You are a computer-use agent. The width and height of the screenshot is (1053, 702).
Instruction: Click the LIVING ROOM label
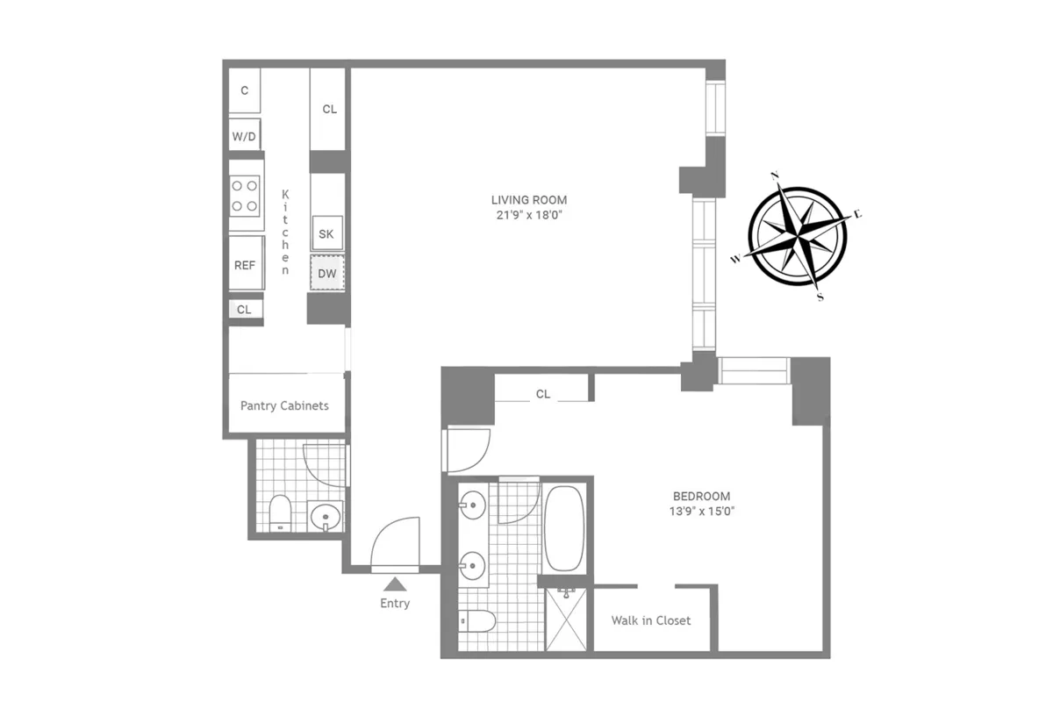click(x=529, y=200)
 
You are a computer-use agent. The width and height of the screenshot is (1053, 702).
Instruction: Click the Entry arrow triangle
click(x=395, y=583)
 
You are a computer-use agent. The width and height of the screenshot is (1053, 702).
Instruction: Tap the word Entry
click(x=395, y=604)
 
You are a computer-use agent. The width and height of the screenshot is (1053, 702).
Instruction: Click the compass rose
click(x=797, y=236)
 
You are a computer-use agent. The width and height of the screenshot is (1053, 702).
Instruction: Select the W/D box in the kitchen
click(x=244, y=137)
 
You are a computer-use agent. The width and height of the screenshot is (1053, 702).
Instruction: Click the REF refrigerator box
click(x=245, y=264)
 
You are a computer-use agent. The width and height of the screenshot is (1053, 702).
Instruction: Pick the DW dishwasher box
click(x=327, y=274)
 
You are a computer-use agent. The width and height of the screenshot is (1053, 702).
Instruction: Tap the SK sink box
click(x=326, y=234)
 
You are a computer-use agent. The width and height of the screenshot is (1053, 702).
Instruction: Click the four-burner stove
click(x=245, y=196)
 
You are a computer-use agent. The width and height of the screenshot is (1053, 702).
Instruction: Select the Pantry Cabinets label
click(x=284, y=405)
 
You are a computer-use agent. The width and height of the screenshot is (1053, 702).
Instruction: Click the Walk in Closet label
click(x=650, y=620)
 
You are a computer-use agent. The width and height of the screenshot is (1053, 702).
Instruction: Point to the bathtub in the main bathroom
click(x=563, y=528)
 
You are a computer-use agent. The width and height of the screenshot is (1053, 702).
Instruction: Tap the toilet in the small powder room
click(x=280, y=513)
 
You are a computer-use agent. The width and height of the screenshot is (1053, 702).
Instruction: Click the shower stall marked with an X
click(x=564, y=621)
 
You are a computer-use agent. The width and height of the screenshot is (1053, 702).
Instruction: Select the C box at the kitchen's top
click(x=245, y=90)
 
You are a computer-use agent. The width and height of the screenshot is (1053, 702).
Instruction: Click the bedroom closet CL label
click(x=543, y=394)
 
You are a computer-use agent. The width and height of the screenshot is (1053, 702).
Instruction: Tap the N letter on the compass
click(x=776, y=175)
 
